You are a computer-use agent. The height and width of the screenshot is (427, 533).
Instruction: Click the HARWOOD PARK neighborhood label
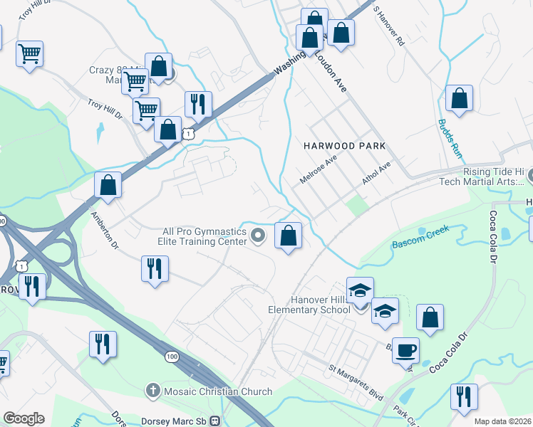click(x=344, y=145)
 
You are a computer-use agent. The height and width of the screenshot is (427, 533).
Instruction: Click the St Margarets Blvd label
click(x=356, y=381)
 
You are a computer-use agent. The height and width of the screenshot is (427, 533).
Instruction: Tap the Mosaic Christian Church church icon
click(x=152, y=391)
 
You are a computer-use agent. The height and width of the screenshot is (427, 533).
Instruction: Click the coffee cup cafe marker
click(x=405, y=350)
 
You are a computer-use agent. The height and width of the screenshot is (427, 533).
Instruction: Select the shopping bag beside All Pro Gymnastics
click(x=288, y=236)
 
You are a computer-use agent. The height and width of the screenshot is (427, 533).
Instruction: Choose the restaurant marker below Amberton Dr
click(x=155, y=269)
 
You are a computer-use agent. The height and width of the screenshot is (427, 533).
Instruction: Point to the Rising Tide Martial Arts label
click(x=485, y=177)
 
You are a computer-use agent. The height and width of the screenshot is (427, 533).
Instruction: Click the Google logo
click(x=24, y=418)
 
